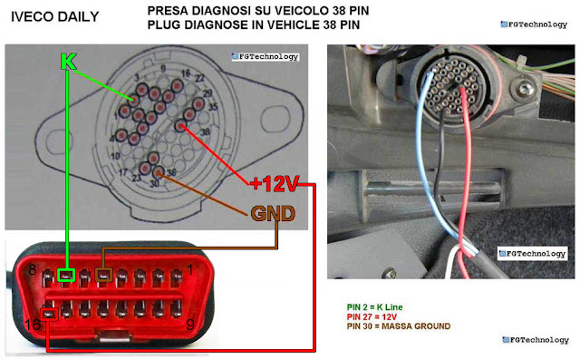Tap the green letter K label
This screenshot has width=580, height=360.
click(x=67, y=62)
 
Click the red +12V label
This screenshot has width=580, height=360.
click(x=273, y=184)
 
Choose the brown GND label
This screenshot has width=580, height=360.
click(x=273, y=214)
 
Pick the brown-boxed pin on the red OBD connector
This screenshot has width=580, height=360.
click(x=104, y=274)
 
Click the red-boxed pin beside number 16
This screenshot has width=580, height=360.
click(x=48, y=315)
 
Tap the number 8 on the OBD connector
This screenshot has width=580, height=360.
click(x=32, y=269)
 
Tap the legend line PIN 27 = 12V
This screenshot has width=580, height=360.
click(x=371, y=316)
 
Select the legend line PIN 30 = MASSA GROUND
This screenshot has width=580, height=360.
click(x=398, y=326)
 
